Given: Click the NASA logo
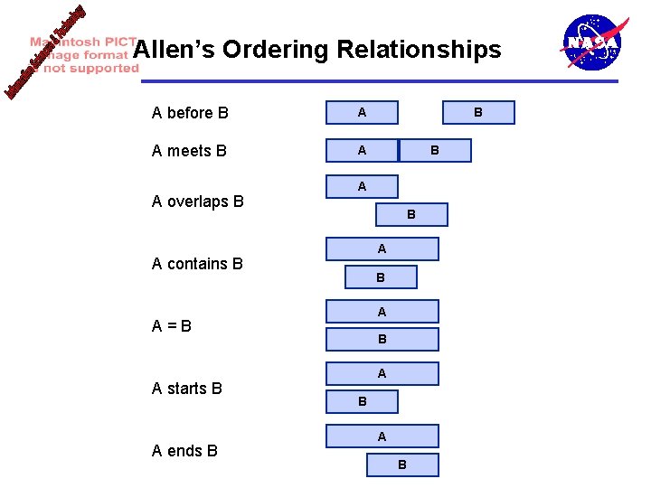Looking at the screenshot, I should click(592, 42).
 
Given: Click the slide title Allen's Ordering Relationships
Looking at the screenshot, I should click(316, 49).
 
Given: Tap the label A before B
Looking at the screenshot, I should click(190, 113).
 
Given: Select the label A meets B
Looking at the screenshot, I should click(189, 151).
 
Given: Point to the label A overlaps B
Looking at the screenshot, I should click(197, 202).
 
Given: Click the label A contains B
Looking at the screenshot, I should click(197, 264).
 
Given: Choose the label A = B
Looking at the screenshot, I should click(172, 326).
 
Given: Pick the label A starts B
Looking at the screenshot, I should click(186, 389).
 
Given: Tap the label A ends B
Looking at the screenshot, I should click(184, 451).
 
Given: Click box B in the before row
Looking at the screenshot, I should click(478, 113).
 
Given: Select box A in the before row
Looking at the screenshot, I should click(362, 113).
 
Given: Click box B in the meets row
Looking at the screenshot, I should click(435, 151).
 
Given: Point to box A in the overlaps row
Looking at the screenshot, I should click(362, 187).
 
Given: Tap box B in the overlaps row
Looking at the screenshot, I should click(411, 215).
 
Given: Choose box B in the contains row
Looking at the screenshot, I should click(381, 277).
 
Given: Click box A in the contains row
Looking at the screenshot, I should click(382, 249).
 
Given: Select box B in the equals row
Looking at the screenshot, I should click(382, 340).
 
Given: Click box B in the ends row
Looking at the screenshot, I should click(402, 465).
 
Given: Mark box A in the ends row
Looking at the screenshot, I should click(382, 436).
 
